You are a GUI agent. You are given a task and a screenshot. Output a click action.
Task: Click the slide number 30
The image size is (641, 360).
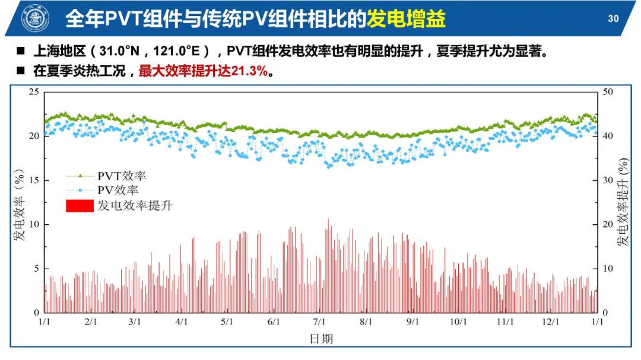[613, 19]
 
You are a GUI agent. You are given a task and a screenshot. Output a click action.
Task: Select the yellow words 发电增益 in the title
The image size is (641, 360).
[406, 19]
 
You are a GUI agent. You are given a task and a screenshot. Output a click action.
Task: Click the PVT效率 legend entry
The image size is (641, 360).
[122, 176]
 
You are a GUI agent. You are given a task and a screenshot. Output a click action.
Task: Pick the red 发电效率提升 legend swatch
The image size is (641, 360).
[79, 206]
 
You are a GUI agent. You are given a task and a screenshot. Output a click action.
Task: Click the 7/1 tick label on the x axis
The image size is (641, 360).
[319, 321]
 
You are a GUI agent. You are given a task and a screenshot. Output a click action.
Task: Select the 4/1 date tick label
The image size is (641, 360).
[182, 321]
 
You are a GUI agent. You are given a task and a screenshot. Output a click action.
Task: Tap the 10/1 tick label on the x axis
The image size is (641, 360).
[458, 321]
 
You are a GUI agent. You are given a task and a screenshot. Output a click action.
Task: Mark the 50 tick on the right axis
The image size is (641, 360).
[608, 92]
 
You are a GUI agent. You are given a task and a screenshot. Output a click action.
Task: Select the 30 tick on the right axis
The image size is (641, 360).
[608, 180]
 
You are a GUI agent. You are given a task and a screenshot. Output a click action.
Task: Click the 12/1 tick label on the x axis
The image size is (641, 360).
[551, 321]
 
